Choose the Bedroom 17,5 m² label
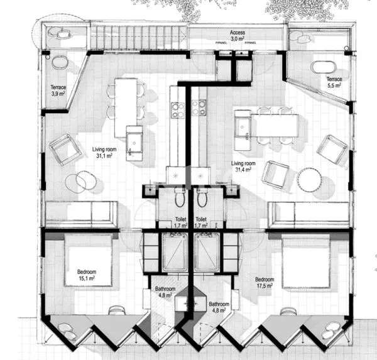(x=266, y=281)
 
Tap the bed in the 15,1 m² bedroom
(x=87, y=260)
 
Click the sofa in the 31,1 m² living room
(x=81, y=214)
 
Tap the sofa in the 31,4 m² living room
(x=308, y=214)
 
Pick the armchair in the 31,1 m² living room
(x=67, y=150)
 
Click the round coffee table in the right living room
(x=309, y=180)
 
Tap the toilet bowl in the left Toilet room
(x=179, y=199)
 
